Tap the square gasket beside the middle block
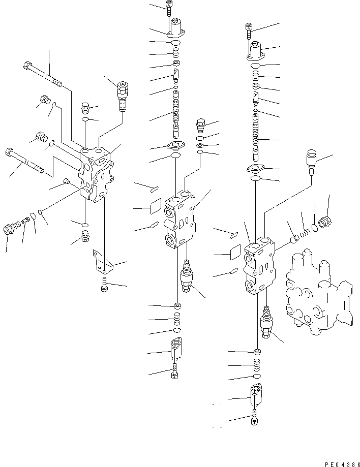tap(155, 206)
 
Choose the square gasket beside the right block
tap(235, 251)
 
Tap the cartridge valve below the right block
tap(266, 323)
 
